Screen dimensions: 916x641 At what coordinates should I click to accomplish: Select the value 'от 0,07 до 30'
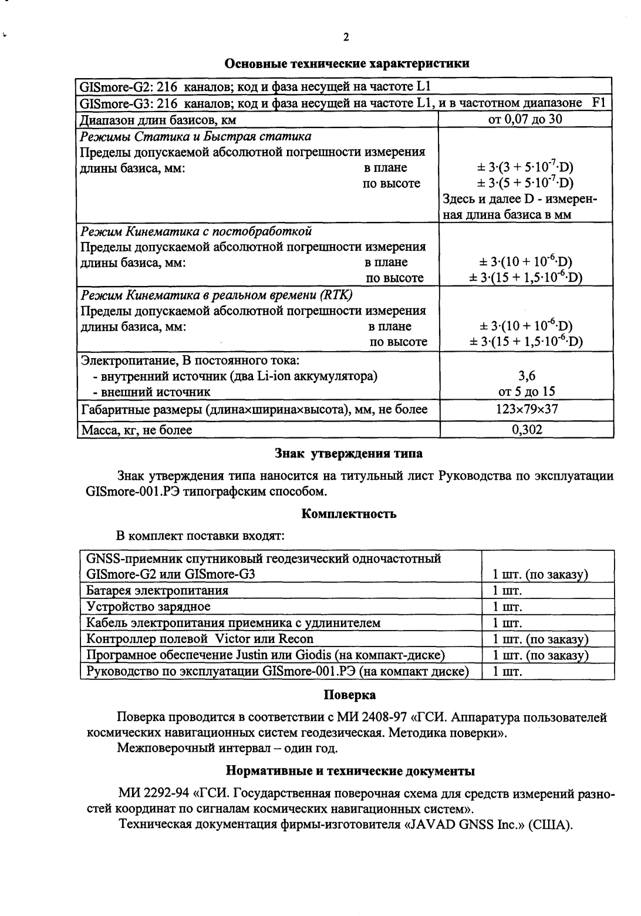526,120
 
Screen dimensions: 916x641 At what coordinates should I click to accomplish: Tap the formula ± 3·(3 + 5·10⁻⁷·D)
526,167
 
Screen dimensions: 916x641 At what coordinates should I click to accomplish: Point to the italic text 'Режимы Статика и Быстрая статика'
195,136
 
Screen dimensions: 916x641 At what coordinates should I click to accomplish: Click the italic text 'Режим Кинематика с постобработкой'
195,231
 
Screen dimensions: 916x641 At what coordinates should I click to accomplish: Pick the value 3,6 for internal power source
527,376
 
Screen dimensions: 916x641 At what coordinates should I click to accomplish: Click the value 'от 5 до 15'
527,392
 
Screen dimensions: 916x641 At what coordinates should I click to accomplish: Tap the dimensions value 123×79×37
527,410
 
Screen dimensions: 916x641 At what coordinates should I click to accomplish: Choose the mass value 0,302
527,430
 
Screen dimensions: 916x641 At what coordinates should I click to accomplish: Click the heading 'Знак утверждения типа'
349,453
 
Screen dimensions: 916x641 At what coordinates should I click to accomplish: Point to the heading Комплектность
349,514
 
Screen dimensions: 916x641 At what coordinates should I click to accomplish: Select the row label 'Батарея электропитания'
157,590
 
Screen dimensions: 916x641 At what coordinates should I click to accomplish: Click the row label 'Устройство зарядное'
148,607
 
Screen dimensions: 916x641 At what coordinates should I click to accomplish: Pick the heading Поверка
350,695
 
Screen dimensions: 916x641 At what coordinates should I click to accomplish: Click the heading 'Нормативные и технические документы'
350,770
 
